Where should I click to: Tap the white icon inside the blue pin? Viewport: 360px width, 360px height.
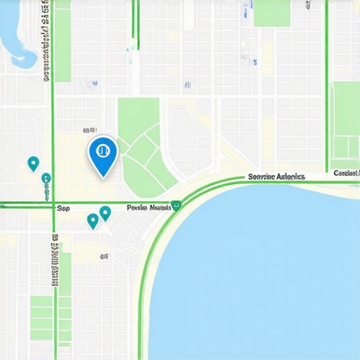103,149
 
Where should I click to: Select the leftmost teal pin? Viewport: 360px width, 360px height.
32,164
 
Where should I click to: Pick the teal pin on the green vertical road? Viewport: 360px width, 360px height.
46,179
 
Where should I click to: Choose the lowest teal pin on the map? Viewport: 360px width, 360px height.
92,221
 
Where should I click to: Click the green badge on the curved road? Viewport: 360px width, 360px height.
176,205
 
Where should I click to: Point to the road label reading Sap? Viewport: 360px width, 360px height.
63,208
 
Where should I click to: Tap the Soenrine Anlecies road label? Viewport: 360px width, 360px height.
276,177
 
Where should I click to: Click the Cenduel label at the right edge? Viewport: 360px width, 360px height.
346,173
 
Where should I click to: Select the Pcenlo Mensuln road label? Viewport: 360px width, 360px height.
149,208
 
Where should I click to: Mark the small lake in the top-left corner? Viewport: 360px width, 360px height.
15,35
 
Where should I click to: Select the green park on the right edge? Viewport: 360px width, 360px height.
345,120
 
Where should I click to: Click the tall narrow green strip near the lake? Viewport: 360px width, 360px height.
63,42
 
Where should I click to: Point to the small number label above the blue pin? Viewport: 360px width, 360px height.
89,131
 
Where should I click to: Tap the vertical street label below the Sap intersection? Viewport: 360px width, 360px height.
54,260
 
